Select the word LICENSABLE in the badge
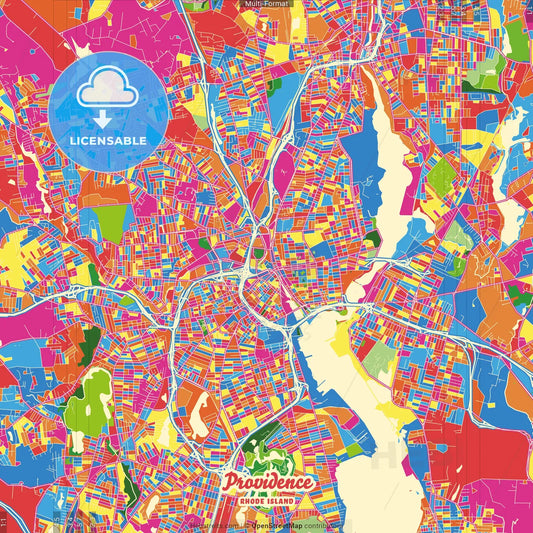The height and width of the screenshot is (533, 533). click(x=109, y=140)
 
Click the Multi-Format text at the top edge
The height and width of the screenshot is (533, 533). click(x=267, y=5)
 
